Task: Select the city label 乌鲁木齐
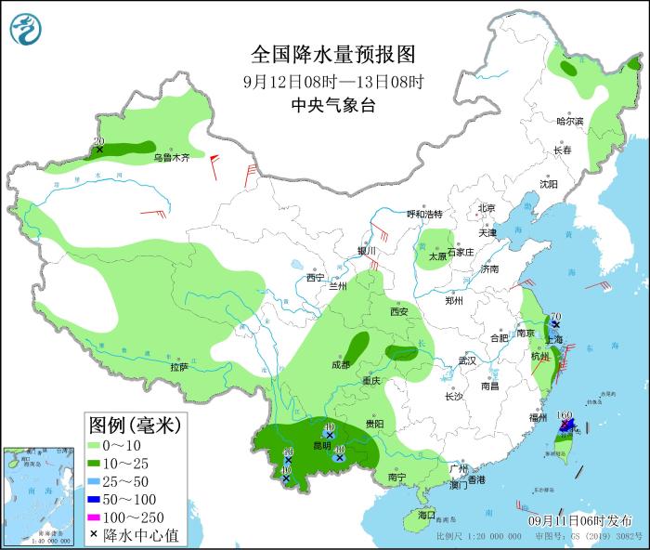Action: (172, 158)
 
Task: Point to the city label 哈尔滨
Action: (569, 122)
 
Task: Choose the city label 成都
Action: (340, 364)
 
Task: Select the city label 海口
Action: (426, 515)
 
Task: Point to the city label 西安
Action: (399, 312)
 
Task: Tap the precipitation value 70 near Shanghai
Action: (554, 317)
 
